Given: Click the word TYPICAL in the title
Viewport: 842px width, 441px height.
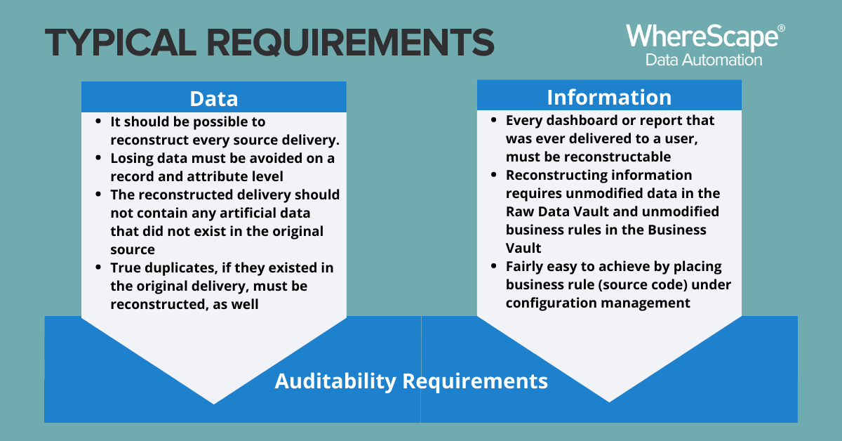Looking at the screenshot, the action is coord(121,43).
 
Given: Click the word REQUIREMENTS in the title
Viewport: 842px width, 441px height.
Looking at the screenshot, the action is coord(350,43).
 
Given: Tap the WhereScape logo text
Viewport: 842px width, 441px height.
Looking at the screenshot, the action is coord(702,37).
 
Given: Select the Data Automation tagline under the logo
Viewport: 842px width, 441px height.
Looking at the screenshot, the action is coord(704,60).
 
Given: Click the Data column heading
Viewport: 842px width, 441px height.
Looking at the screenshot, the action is coord(214,98).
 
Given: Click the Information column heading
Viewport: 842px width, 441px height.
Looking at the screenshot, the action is coord(609,97).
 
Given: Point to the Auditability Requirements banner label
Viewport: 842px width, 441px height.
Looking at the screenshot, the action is coord(411,381).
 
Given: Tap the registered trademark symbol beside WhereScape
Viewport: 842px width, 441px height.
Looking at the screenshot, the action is coord(781,28).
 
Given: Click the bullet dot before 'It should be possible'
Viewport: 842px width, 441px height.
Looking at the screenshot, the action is coord(98,121).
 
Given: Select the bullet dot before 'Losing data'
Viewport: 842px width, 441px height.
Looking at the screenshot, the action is coord(98,158).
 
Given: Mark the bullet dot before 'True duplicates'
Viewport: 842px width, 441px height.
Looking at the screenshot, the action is coord(98,267).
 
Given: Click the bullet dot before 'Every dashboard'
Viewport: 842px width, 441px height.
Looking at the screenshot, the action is coord(494,120).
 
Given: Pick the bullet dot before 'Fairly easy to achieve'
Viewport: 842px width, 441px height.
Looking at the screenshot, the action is coord(494,266).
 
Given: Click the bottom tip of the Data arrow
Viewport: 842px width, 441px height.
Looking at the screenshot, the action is coord(214,404).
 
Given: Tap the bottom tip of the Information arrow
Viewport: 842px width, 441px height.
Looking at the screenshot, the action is coord(609,402).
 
